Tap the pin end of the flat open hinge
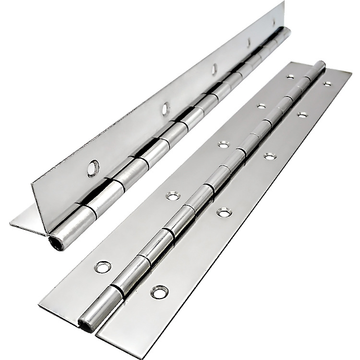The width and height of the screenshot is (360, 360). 86,324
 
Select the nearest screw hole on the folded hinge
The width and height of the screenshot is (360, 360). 92,168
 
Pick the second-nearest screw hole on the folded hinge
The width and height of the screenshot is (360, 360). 166,108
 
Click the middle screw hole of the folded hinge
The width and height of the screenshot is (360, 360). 214,70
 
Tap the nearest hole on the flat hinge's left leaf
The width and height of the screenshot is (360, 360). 103,267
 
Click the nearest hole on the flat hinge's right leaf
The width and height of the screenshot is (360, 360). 160,291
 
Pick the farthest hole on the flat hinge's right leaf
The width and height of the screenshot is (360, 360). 327,84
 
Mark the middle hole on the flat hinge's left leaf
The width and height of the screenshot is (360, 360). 223,144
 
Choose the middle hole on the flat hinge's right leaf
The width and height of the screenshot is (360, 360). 270,156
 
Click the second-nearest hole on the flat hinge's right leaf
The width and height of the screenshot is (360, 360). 223,211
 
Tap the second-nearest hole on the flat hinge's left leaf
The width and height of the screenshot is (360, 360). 172,195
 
